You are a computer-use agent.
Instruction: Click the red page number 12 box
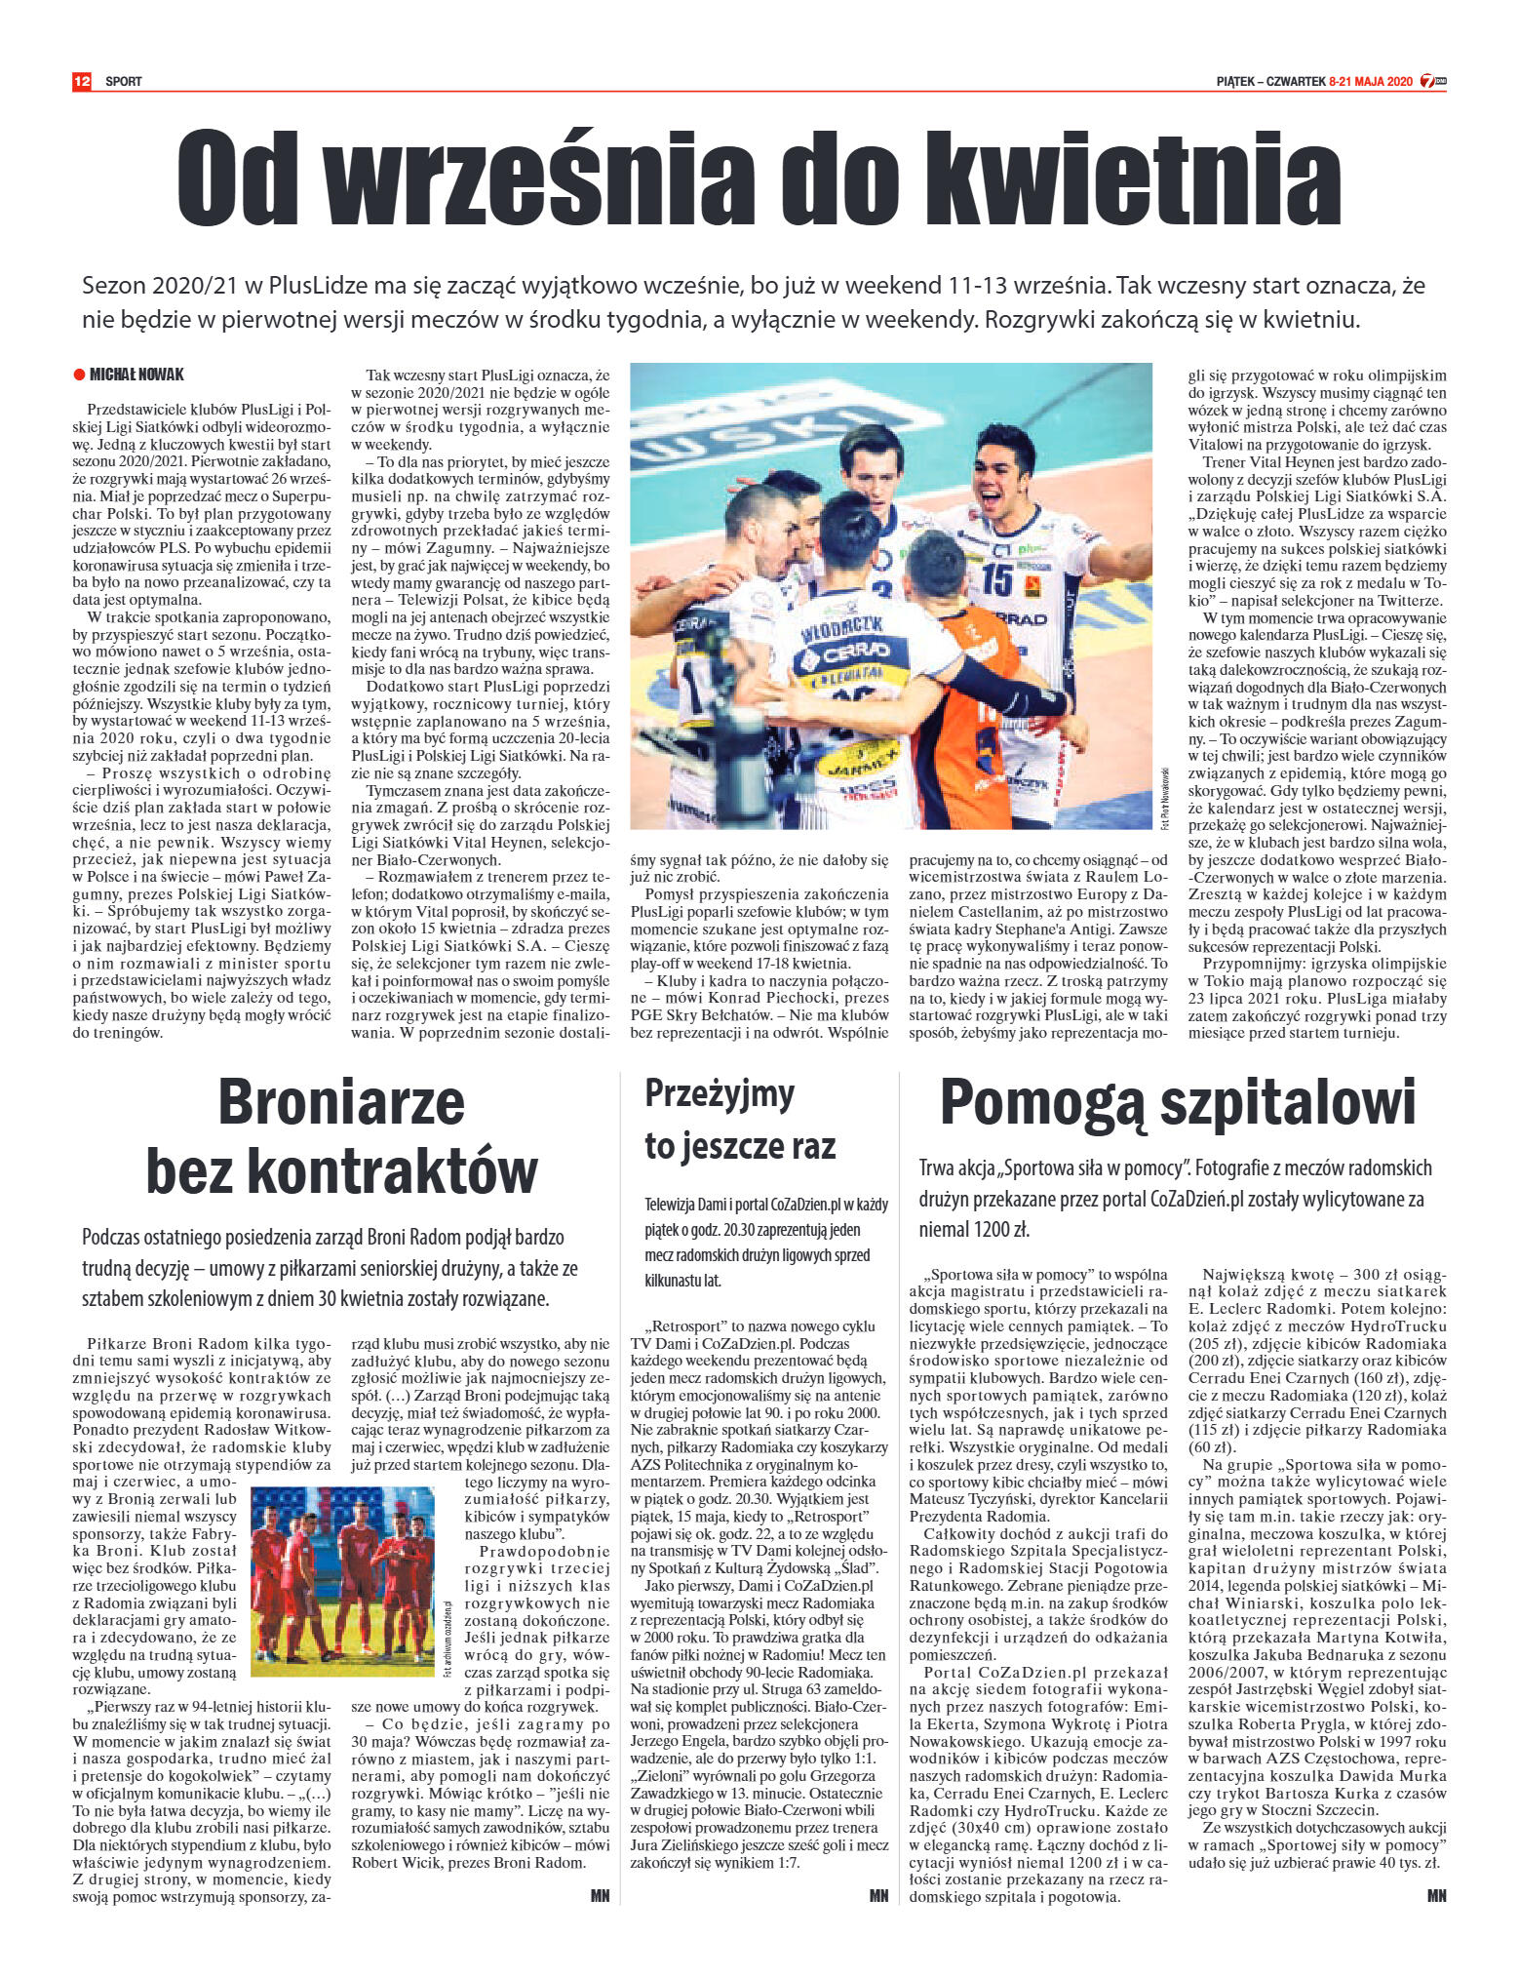pyautogui.click(x=81, y=81)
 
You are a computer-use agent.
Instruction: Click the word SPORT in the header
pyautogui.click(x=124, y=82)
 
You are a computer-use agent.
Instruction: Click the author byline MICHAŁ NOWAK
pyautogui.click(x=136, y=376)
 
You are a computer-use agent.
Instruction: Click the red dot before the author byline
pyautogui.click(x=79, y=376)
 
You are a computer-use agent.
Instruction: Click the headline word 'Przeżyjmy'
pyautogui.click(x=720, y=1093)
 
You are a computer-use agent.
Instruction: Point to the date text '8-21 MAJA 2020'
pyautogui.click(x=1370, y=82)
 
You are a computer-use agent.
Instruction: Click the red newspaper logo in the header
pyautogui.click(x=1433, y=82)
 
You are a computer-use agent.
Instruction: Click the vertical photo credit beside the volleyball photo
pyautogui.click(x=1163, y=796)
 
